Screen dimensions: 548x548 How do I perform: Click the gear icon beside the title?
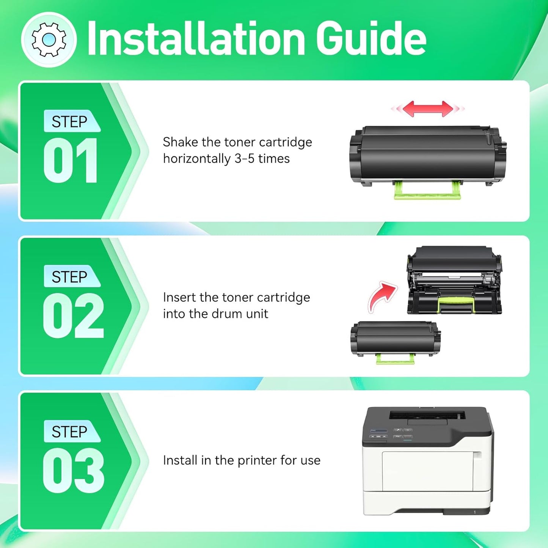[x=49, y=39]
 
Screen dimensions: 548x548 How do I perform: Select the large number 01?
[x=71, y=160]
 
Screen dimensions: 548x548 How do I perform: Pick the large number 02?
[x=73, y=316]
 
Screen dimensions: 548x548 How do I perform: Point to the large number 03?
[x=73, y=471]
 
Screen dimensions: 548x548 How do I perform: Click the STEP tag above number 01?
[x=70, y=122]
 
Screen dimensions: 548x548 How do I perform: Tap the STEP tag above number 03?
[x=70, y=432]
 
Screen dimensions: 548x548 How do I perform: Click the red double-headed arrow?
[x=428, y=109]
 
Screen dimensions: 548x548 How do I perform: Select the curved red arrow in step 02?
[x=382, y=296]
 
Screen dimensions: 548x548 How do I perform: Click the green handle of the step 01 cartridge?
[x=427, y=191]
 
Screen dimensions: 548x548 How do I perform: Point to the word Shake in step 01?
[x=180, y=142]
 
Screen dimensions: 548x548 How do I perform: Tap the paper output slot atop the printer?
[x=427, y=415]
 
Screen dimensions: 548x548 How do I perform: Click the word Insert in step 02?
[x=179, y=298]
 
